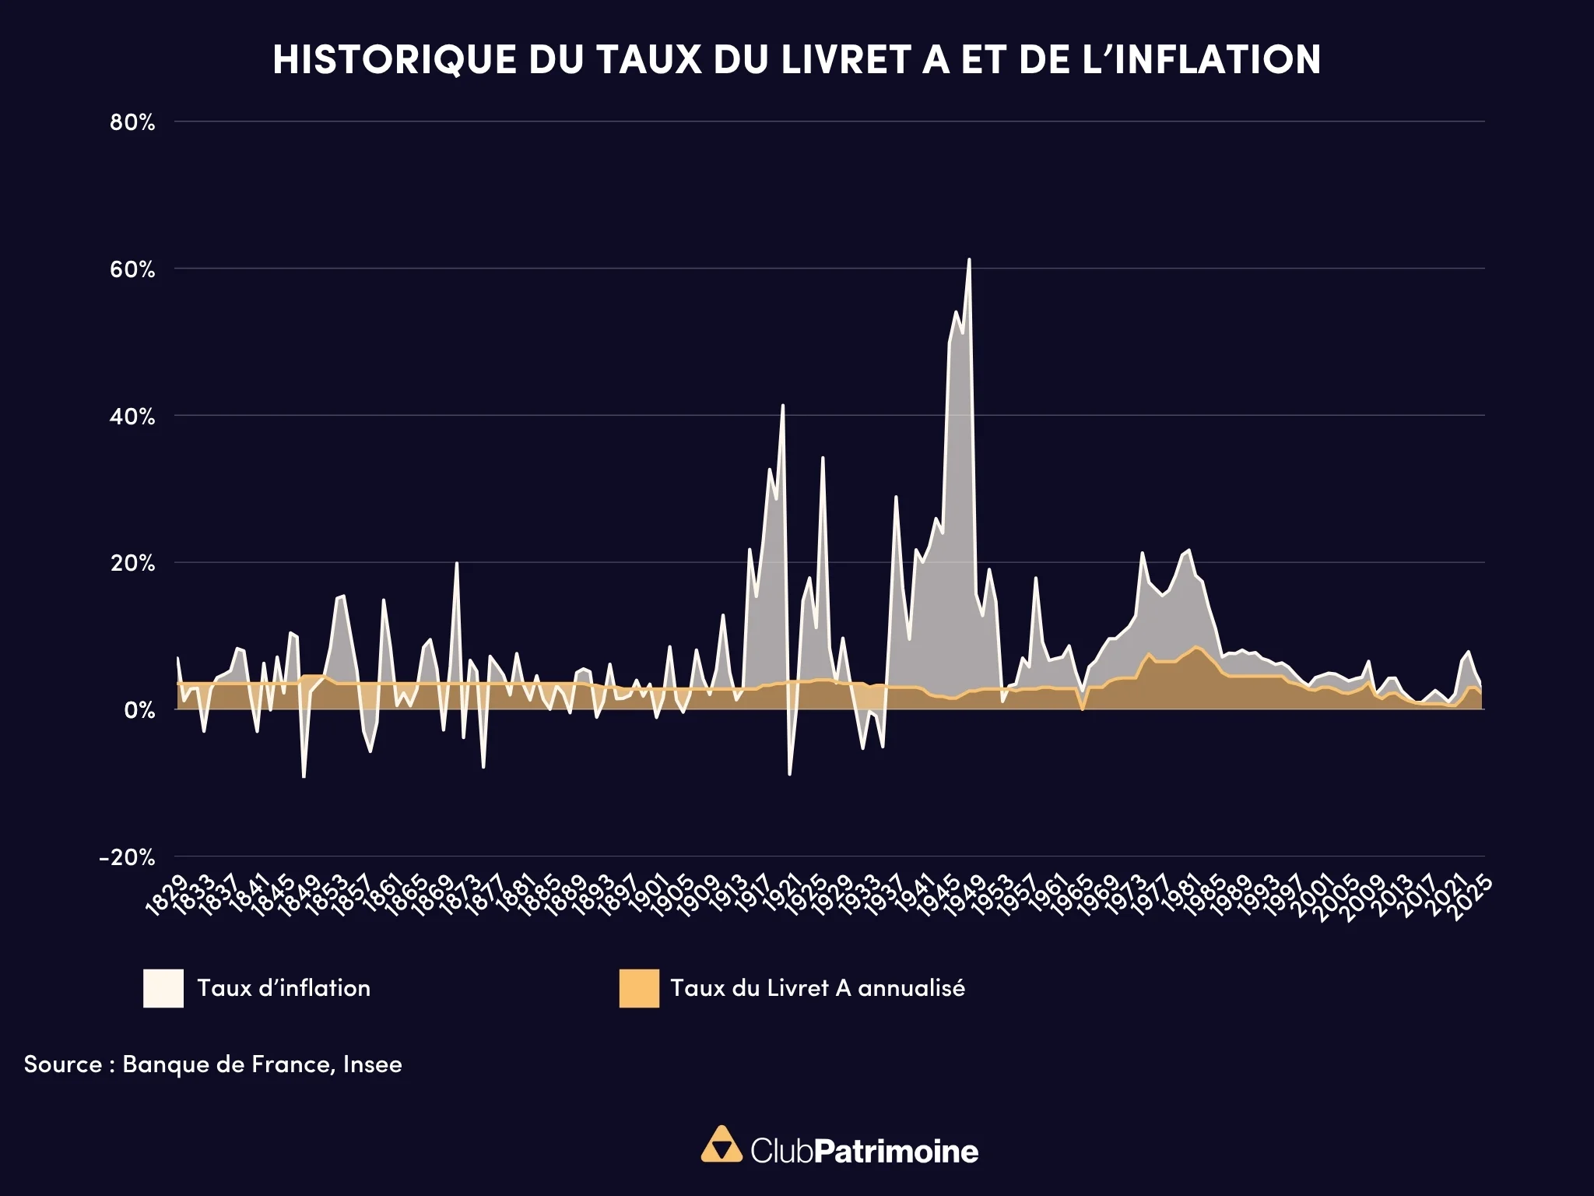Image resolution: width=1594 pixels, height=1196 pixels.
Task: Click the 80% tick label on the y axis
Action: click(132, 122)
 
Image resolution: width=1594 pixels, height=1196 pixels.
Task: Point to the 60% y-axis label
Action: click(132, 270)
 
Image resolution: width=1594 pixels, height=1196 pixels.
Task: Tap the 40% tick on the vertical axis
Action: click(132, 417)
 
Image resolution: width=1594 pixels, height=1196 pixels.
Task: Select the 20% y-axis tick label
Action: click(132, 563)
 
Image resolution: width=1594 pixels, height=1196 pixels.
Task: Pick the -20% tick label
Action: click(128, 857)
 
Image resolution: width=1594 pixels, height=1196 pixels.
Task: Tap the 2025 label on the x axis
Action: click(1473, 895)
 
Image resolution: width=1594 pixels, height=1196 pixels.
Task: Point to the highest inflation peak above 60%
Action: click(969, 260)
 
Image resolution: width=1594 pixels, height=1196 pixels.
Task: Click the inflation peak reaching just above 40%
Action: click(783, 406)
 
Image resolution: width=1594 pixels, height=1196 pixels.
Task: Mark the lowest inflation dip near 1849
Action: click(304, 776)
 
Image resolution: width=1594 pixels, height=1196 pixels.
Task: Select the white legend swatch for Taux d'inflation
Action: click(163, 988)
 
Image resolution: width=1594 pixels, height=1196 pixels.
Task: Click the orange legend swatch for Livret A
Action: click(639, 988)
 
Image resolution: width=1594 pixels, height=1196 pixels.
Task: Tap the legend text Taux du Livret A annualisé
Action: click(817, 988)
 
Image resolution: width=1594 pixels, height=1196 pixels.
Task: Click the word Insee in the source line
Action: click(372, 1064)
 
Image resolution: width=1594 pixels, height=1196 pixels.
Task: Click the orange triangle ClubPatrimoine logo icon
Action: click(722, 1144)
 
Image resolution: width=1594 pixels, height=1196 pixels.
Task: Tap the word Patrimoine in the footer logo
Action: click(896, 1151)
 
